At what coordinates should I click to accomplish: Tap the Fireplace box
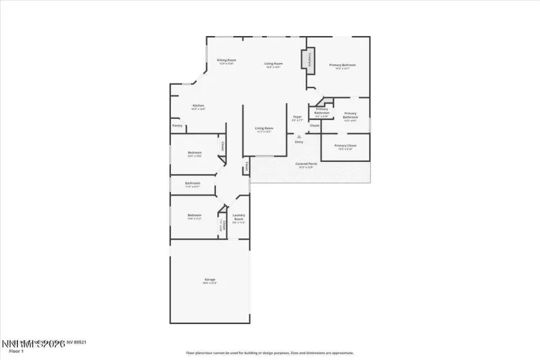pyautogui.click(x=309, y=60)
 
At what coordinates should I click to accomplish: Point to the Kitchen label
pyautogui.click(x=199, y=107)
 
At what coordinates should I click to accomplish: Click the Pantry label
pyautogui.click(x=177, y=126)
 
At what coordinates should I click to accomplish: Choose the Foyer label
pyautogui.click(x=297, y=118)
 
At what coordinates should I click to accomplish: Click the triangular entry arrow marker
pyautogui.click(x=298, y=136)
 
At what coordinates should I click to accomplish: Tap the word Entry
pyautogui.click(x=299, y=142)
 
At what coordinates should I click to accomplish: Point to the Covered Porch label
pyautogui.click(x=306, y=165)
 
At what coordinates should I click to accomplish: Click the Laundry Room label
pyautogui.click(x=239, y=217)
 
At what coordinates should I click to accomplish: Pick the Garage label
pyautogui.click(x=210, y=280)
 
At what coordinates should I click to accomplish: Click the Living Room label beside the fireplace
pyautogui.click(x=274, y=64)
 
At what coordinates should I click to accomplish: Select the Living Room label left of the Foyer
pyautogui.click(x=264, y=129)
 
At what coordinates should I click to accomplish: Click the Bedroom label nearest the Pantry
pyautogui.click(x=194, y=154)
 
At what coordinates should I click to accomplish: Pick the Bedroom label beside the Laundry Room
pyautogui.click(x=194, y=216)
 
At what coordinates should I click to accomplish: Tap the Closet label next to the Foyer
pyautogui.click(x=314, y=125)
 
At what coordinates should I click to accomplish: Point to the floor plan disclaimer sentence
pyautogui.click(x=270, y=353)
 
